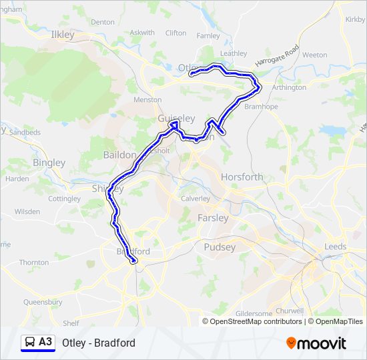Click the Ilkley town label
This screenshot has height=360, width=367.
[63, 34]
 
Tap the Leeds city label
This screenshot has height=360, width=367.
[335, 247]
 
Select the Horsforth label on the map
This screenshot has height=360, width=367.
[242, 177]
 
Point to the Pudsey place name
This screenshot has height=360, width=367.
[220, 247]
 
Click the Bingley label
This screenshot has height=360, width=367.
[49, 163]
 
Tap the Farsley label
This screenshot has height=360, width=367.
[213, 218]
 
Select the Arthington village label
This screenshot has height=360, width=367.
[289, 87]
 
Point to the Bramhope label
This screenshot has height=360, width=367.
[260, 106]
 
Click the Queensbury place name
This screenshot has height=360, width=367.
[43, 302]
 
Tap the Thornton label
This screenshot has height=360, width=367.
[34, 263]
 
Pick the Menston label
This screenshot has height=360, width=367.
[147, 100]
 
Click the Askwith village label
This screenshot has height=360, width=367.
[142, 33]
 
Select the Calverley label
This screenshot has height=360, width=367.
[196, 199]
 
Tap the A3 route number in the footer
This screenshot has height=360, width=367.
[45, 342]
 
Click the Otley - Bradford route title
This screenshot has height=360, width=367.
[99, 343]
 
